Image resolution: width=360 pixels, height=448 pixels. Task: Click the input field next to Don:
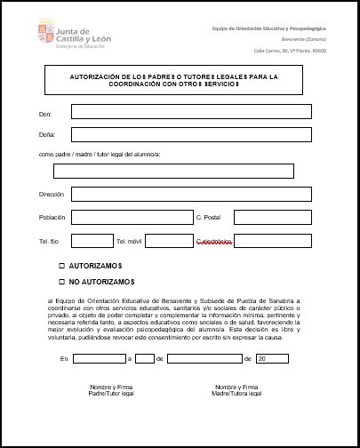point(191,112)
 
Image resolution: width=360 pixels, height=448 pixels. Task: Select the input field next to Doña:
point(191,134)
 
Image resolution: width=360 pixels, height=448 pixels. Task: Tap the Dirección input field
point(191,194)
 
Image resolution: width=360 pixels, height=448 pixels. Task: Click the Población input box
point(130,217)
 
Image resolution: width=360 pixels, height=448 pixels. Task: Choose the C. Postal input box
point(272,217)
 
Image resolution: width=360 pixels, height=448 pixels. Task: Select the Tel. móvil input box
point(168,240)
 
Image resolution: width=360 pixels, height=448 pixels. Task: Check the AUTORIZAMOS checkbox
point(62,266)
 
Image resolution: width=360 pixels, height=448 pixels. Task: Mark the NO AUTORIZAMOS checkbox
point(62,282)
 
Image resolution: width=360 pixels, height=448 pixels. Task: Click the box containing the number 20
point(272,358)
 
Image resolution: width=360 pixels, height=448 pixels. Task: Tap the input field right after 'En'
point(99,358)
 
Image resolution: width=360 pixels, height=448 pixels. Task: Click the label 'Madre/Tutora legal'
point(236,393)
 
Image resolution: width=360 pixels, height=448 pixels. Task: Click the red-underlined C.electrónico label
point(213,241)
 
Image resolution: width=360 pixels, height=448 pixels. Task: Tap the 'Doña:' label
point(47,135)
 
